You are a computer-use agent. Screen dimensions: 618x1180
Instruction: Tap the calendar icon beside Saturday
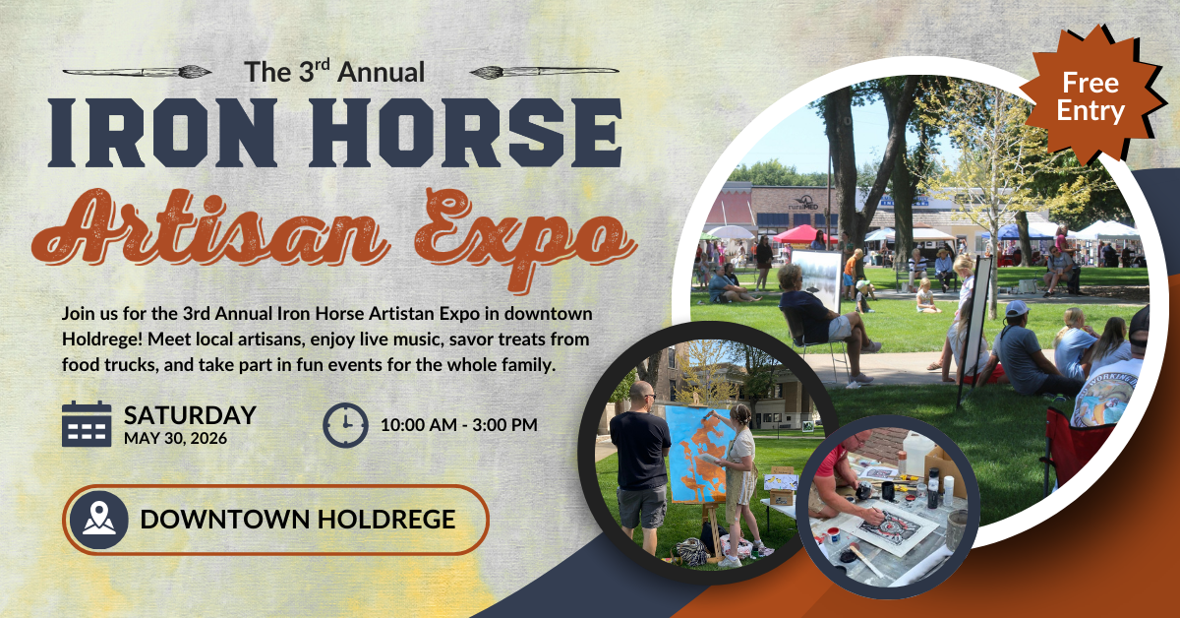click(x=87, y=424)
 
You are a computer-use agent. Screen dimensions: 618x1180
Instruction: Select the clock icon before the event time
click(x=345, y=425)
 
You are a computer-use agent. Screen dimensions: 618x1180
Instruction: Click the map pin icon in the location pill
click(x=98, y=519)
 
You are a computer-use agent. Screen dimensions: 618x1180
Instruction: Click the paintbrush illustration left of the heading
click(x=137, y=71)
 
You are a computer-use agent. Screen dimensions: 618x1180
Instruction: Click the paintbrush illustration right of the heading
click(x=544, y=71)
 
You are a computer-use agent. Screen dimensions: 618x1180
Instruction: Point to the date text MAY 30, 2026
click(x=175, y=437)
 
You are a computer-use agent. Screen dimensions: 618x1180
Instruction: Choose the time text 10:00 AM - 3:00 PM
click(x=458, y=426)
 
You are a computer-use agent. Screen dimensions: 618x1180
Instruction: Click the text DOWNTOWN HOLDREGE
click(x=298, y=519)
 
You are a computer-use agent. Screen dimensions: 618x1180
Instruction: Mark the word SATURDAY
click(x=190, y=414)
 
